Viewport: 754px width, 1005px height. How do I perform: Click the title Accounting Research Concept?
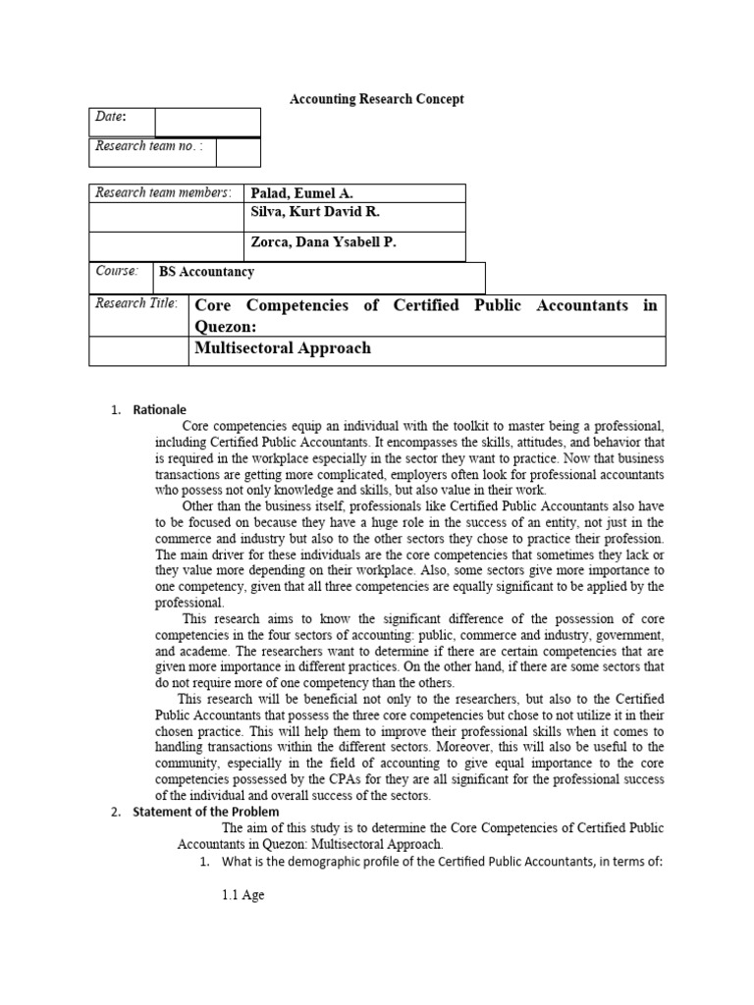376,99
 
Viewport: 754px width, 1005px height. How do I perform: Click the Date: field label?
110,118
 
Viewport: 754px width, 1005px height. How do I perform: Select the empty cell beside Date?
207,122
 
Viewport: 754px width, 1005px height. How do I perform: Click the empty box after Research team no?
238,152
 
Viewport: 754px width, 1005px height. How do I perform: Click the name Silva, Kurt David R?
315,213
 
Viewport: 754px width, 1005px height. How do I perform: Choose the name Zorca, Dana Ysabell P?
325,242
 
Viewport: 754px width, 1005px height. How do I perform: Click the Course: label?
117,271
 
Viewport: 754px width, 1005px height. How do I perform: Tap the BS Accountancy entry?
207,272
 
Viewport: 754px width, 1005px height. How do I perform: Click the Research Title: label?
136,304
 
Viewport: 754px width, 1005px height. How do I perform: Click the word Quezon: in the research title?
226,327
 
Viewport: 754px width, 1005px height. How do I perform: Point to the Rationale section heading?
160,410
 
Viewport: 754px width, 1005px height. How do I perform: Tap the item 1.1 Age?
242,895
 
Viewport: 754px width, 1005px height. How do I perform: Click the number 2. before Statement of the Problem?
115,812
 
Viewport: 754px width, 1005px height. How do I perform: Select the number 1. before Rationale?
115,410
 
